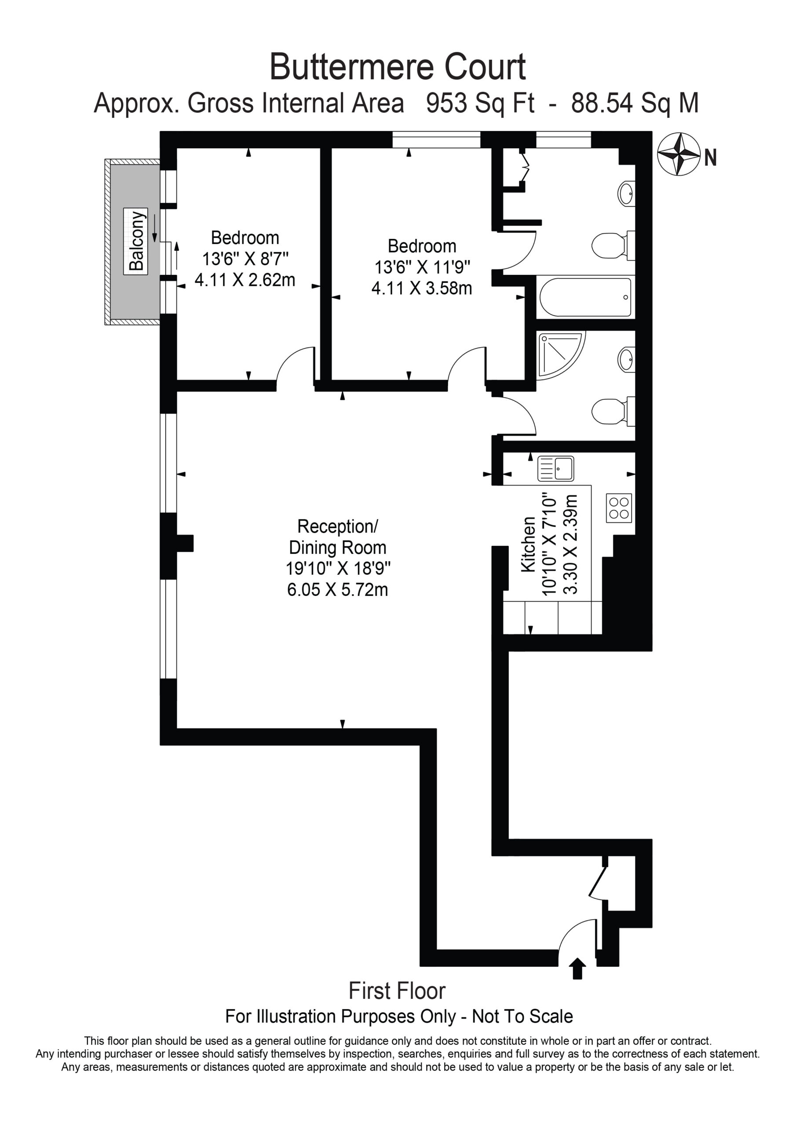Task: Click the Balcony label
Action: [135, 241]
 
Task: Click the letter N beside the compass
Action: [711, 158]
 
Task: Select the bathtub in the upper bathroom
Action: [586, 297]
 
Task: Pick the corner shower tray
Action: [561, 355]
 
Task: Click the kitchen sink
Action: [556, 469]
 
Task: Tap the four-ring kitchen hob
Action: [619, 508]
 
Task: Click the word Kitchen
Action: [528, 545]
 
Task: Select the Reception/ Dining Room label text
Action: [337, 537]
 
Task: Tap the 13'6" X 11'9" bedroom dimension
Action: [422, 267]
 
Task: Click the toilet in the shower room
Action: [613, 410]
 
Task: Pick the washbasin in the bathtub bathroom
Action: [626, 193]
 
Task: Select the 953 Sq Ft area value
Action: [481, 103]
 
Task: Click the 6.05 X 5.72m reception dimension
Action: [337, 589]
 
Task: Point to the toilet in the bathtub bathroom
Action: [613, 245]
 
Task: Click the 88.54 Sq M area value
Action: [635, 103]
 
